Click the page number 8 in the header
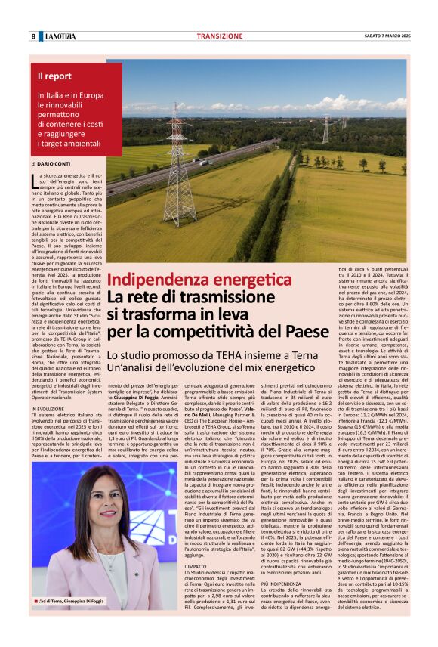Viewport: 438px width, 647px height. tap(33, 36)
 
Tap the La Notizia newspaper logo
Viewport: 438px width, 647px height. tap(59, 36)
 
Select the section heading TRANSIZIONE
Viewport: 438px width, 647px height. tap(219, 36)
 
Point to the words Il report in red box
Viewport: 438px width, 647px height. tap(55, 76)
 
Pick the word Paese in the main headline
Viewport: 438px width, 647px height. tap(303, 330)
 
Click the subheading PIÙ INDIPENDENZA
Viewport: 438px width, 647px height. tap(280, 584)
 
